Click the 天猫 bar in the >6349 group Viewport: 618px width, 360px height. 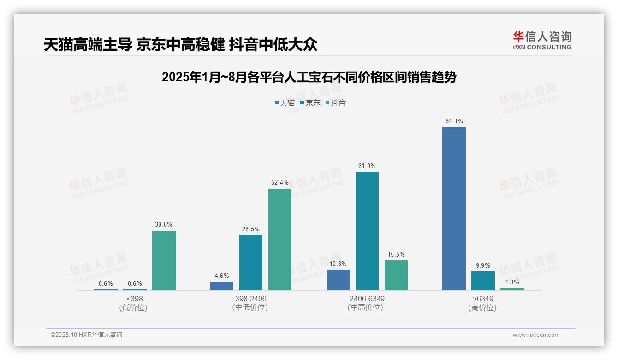pos(454,209)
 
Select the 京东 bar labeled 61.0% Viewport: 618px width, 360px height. pos(367,231)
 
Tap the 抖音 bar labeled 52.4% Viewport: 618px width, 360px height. pos(280,239)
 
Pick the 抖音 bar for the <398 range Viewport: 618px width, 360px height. pos(164,260)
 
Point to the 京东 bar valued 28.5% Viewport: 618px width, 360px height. pos(250,262)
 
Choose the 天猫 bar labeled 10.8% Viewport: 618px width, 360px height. pos(338,280)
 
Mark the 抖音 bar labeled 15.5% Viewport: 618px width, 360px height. pos(396,275)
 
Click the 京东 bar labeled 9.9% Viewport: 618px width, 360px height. pos(483,281)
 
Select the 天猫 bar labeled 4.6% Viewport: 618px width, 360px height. pos(222,286)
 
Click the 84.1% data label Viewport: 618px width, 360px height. pos(454,121)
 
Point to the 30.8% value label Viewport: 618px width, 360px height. pos(164,225)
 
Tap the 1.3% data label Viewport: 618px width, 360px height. pos(512,282)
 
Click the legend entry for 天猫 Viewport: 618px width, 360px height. pos(285,103)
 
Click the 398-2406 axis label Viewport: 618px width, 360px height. pos(250,299)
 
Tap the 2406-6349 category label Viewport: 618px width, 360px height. pos(366,299)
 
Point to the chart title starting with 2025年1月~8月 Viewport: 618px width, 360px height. pos(309,78)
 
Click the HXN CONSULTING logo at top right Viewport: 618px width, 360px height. pos(542,41)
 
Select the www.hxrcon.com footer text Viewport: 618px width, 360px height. pos(536,335)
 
